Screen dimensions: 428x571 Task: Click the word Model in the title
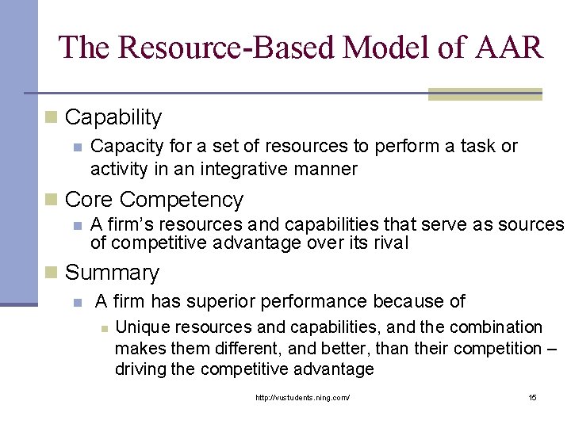370,47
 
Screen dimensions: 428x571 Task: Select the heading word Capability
113,118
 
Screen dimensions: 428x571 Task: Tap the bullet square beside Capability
52,117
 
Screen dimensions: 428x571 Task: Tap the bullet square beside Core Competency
52,199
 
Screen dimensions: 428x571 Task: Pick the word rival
389,243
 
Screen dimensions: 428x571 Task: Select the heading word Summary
112,273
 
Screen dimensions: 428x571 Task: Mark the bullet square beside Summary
52,273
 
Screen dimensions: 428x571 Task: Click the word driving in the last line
140,369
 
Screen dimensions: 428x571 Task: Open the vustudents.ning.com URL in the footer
302,397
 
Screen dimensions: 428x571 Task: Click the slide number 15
532,397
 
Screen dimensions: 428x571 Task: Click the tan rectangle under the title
485,94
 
